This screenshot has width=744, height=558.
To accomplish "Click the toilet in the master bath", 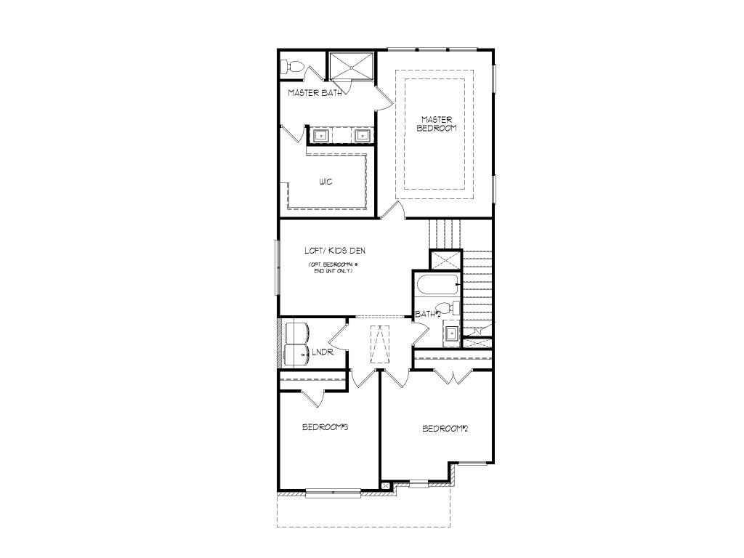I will click(x=292, y=67).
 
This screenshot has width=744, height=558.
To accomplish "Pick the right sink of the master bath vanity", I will click(x=362, y=134).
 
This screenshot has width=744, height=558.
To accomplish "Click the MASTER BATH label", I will click(x=315, y=93).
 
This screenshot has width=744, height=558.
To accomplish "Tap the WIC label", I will click(x=325, y=182).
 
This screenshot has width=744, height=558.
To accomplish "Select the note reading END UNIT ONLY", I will click(x=333, y=271).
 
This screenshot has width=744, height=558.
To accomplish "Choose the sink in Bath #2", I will click(x=451, y=333).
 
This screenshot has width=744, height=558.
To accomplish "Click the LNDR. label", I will click(x=323, y=353).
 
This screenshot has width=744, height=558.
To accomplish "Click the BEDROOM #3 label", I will click(x=325, y=427).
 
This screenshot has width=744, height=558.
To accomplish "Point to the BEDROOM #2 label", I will click(x=445, y=429).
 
